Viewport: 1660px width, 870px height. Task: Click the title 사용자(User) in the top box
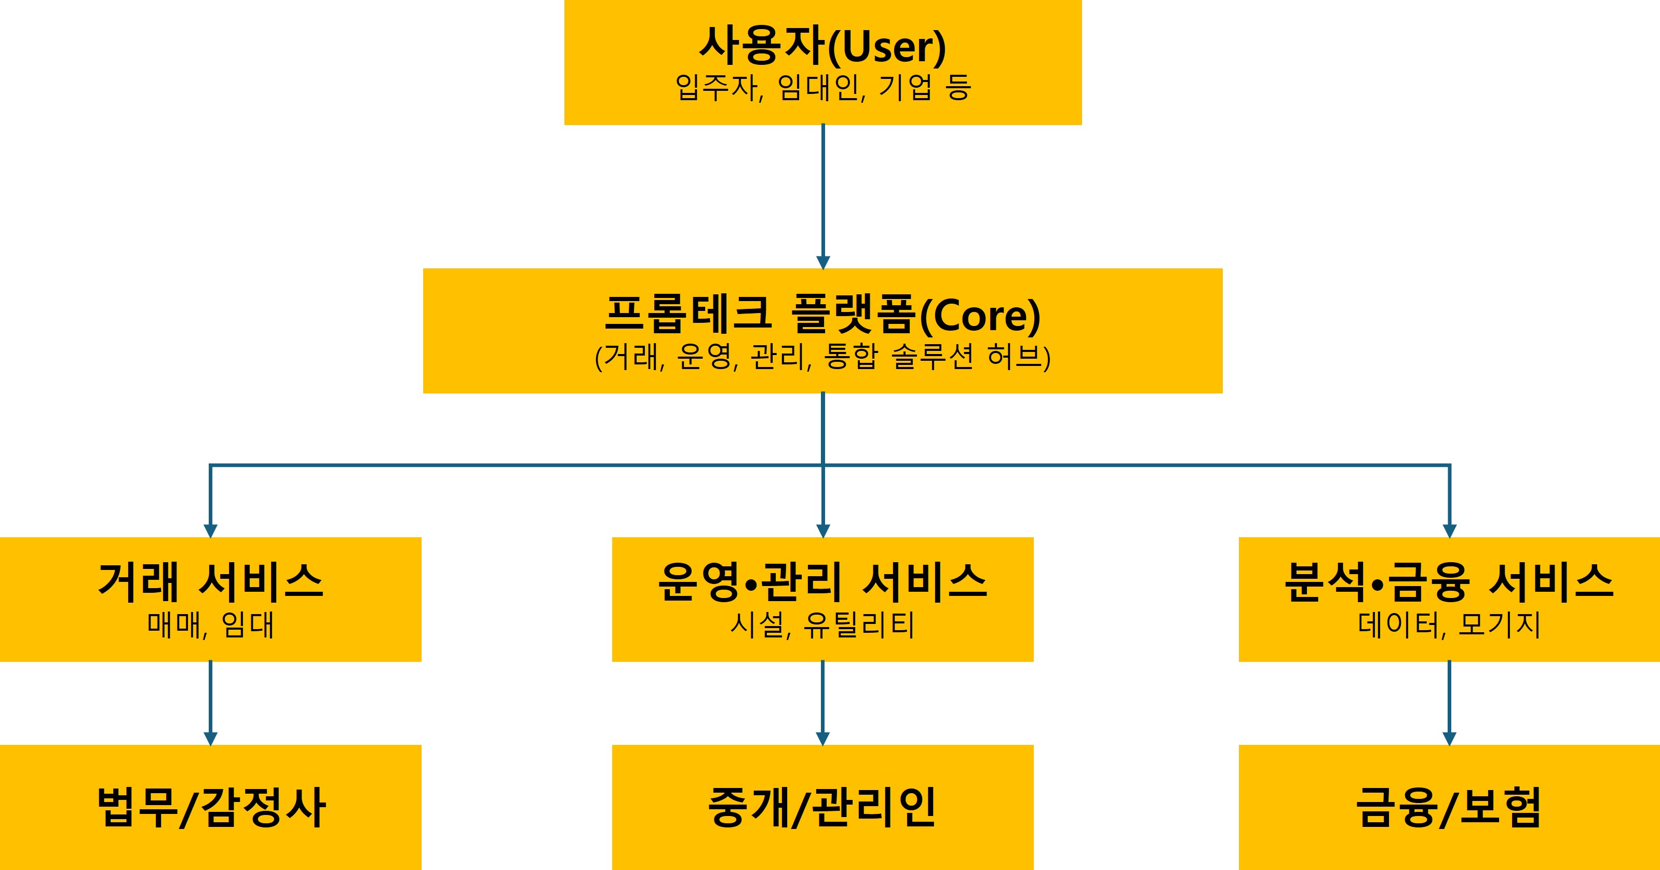click(x=823, y=46)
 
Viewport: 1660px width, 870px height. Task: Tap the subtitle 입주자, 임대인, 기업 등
click(x=823, y=87)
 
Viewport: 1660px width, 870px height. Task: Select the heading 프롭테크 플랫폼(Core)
click(x=823, y=315)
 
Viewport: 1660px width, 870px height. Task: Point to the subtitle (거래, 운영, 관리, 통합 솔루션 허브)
click(x=823, y=357)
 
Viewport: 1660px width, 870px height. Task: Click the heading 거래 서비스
click(x=211, y=581)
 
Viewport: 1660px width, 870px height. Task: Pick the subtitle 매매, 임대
click(x=211, y=624)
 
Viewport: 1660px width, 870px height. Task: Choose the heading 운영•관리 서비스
click(x=823, y=581)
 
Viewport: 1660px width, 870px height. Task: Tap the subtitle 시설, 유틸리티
click(x=823, y=624)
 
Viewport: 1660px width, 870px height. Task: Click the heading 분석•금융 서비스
click(x=1449, y=581)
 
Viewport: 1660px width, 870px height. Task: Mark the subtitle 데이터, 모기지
click(x=1449, y=624)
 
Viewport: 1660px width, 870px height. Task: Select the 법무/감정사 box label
click(x=211, y=807)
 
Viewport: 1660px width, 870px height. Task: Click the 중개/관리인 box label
click(x=823, y=807)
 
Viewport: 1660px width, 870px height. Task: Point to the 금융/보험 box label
click(x=1449, y=807)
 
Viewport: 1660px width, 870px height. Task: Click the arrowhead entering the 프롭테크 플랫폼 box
click(x=823, y=262)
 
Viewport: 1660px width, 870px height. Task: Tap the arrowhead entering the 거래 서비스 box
click(x=210, y=531)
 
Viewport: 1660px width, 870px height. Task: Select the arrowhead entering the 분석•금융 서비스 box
click(x=1450, y=531)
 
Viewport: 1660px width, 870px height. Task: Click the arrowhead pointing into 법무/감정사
click(x=210, y=739)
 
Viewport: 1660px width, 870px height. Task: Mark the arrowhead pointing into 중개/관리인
click(x=823, y=739)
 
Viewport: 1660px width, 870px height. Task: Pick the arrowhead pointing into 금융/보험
click(x=1450, y=739)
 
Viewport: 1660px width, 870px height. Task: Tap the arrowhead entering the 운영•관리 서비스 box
click(x=823, y=531)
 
